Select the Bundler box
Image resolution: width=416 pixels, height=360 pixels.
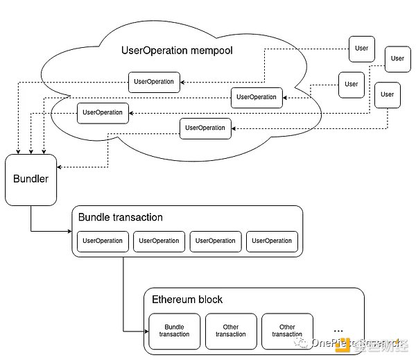pyautogui.click(x=31, y=179)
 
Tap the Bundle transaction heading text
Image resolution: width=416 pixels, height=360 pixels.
pyautogui.click(x=121, y=217)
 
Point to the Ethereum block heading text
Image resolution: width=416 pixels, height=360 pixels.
pyautogui.click(x=187, y=300)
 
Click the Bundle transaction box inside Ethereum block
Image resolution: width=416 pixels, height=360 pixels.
pyautogui.click(x=174, y=330)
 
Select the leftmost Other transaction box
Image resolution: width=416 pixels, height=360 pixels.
pyautogui.click(x=231, y=330)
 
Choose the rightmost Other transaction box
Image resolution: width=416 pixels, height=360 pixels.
pyautogui.click(x=287, y=330)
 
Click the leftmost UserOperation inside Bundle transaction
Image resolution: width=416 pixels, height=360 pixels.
pyautogui.click(x=103, y=241)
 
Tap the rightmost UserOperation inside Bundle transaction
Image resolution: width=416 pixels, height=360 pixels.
pyautogui.click(x=272, y=241)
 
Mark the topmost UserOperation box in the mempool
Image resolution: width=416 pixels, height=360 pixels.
pyautogui.click(x=154, y=82)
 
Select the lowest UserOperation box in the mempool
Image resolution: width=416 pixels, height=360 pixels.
pyautogui.click(x=206, y=128)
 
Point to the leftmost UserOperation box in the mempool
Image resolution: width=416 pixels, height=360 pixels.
pyautogui.click(x=103, y=112)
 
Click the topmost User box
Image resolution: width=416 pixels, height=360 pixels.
pyautogui.click(x=361, y=49)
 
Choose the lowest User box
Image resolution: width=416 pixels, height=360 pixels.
pyautogui.click(x=387, y=94)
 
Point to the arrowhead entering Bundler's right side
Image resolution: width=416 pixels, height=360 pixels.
pyautogui.click(x=58, y=166)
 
